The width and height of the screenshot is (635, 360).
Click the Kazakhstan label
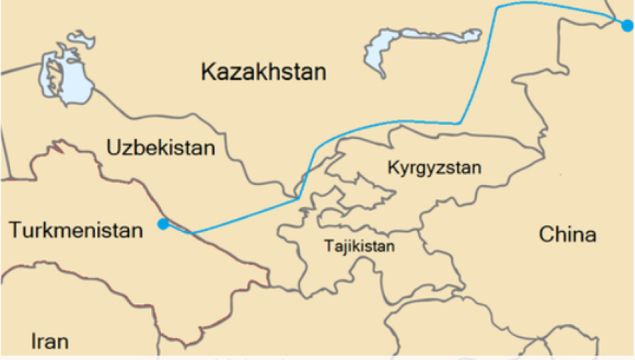263,71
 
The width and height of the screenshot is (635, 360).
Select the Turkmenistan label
75,230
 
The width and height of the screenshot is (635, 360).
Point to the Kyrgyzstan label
435,168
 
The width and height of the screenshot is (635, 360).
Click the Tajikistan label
359,247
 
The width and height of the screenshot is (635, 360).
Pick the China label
567,234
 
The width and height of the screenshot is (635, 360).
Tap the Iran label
50,342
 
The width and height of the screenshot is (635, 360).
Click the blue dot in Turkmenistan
164,224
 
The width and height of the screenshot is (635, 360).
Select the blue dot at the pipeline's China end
627,25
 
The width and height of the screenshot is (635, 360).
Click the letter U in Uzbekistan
113,148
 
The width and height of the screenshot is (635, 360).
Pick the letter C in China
547,234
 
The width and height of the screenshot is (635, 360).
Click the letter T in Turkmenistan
14,230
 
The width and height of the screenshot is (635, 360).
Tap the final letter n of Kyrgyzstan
477,168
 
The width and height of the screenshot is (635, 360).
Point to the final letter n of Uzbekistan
208,148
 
